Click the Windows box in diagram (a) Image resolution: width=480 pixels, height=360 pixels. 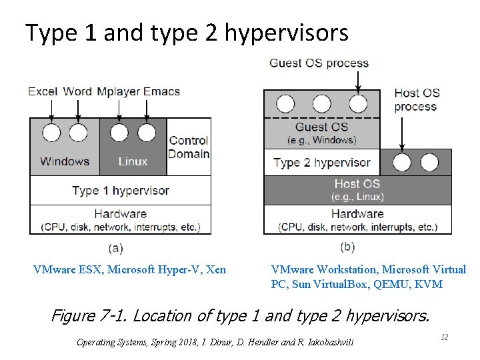tap(65, 161)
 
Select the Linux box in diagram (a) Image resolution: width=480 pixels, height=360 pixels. tap(133, 161)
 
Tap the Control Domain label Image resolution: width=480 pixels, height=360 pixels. tap(189, 147)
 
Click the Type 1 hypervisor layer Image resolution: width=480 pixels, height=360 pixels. tap(121, 191)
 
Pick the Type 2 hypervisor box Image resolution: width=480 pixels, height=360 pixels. tap(321, 163)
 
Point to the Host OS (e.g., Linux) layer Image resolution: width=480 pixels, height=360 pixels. tap(357, 190)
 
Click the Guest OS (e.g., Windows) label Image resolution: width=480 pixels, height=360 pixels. tap(321, 133)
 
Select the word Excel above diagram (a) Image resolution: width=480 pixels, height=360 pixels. tap(43, 91)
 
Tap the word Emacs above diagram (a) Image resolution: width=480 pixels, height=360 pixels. tap(163, 91)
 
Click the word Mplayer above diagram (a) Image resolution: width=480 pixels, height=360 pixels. tap(119, 91)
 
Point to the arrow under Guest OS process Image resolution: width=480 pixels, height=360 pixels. tap(358, 81)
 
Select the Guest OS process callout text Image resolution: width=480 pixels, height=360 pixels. tap(319, 63)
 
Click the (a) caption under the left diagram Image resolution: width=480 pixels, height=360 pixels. tap(115, 248)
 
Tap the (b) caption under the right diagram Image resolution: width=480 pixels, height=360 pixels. tap(347, 247)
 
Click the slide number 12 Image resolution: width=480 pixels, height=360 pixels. tap(444, 338)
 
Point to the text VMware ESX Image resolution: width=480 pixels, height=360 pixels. tap(67, 269)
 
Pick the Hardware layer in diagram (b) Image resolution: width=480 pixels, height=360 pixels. tap(357, 220)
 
